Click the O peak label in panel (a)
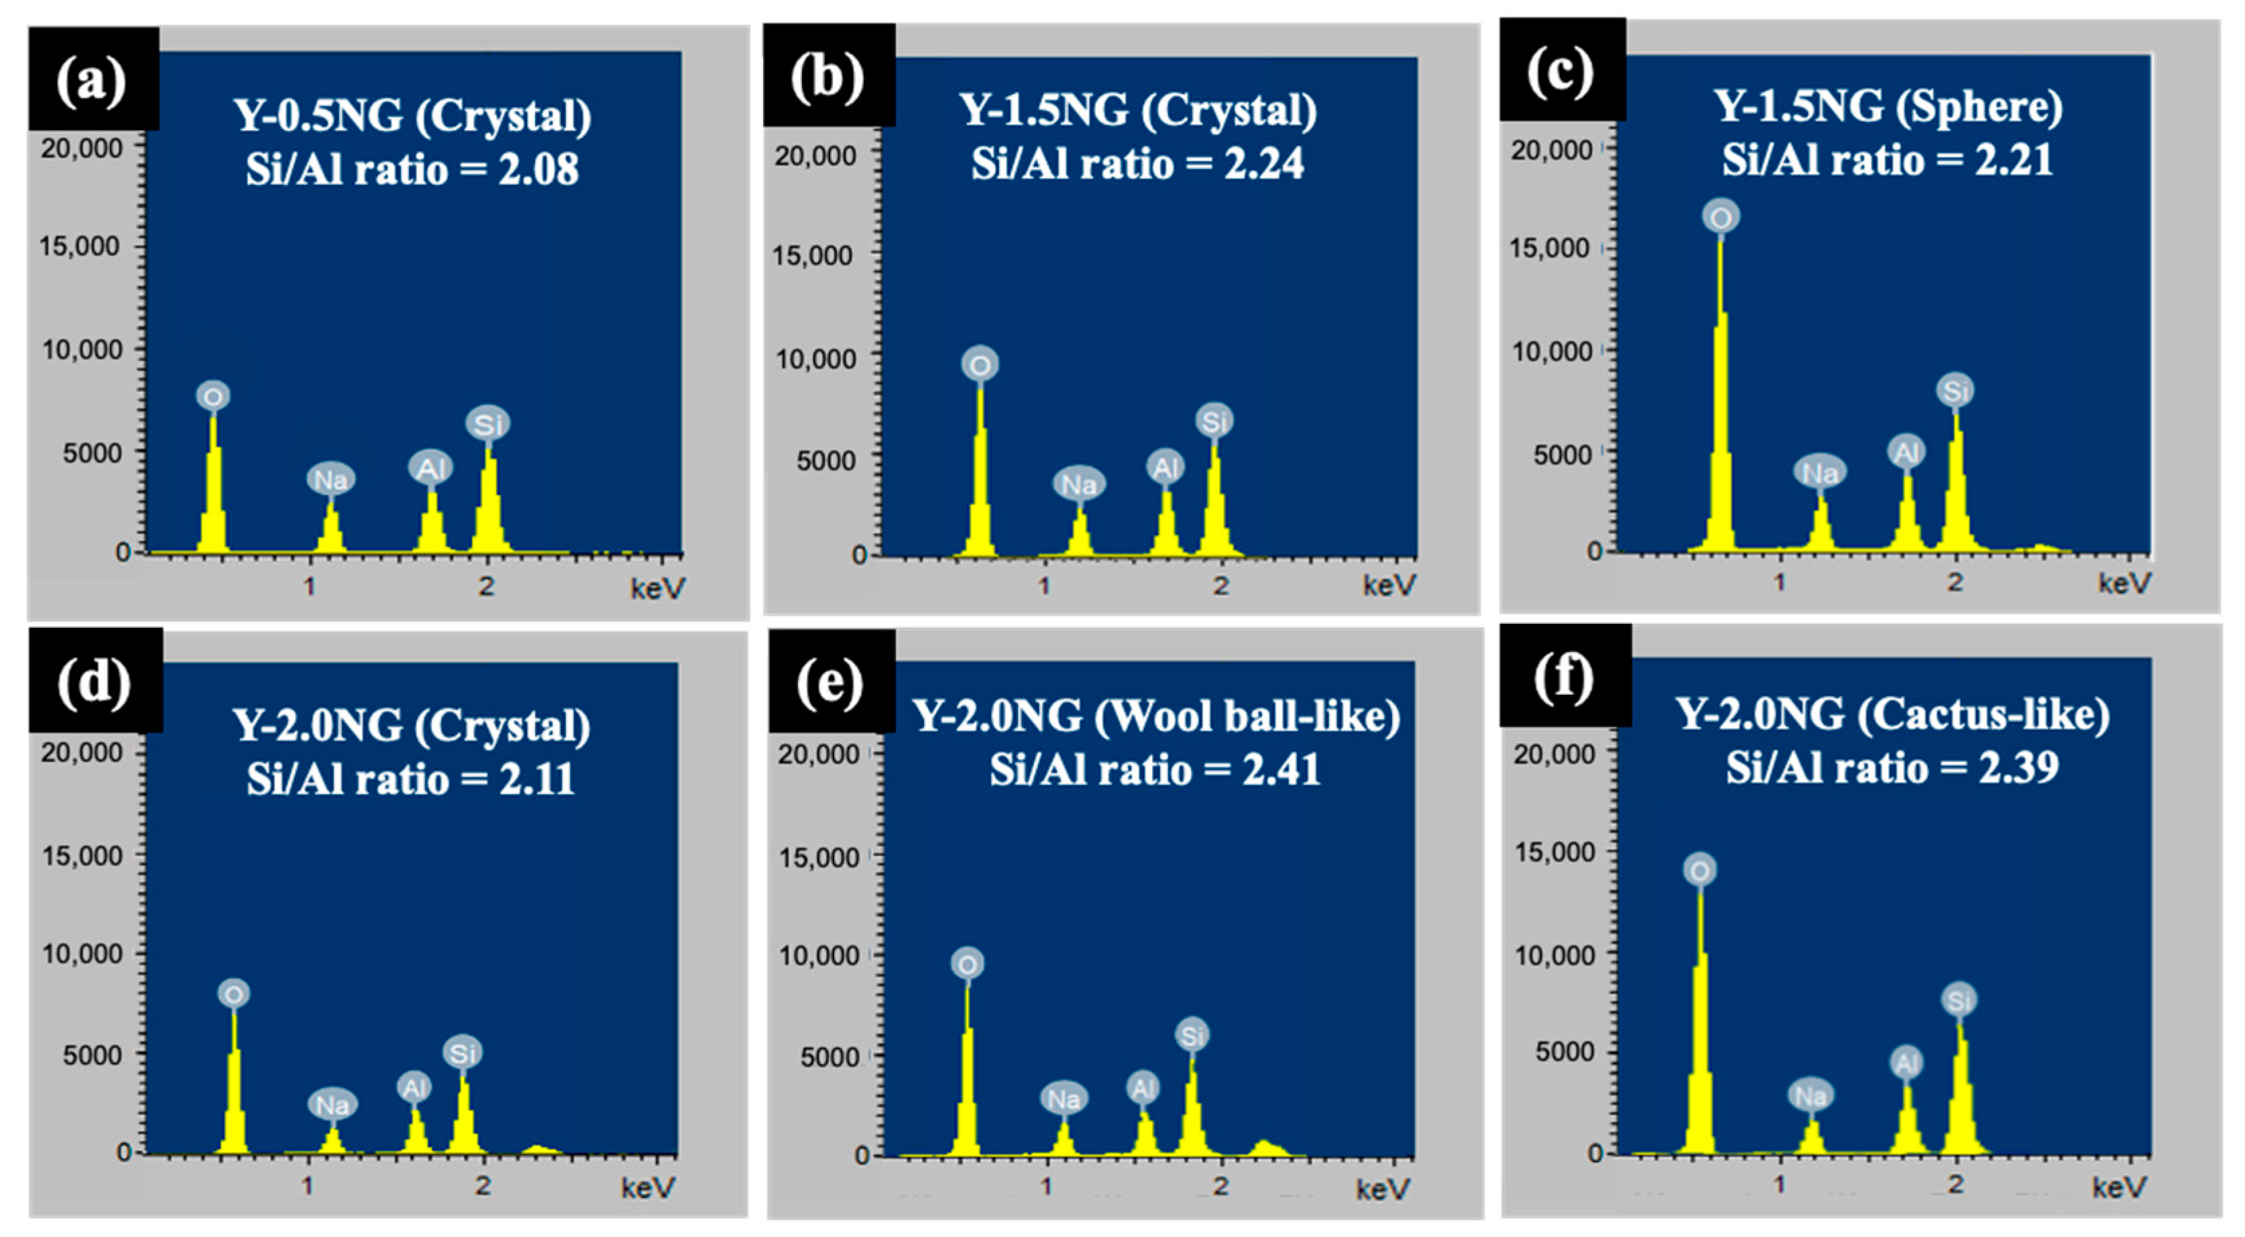[213, 397]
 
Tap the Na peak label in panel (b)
[1079, 484]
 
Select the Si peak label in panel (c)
[1956, 390]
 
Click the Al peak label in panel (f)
[1906, 1063]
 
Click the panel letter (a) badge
[91, 80]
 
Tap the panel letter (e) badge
[829, 681]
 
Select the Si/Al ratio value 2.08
[538, 169]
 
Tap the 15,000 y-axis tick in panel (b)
[812, 255]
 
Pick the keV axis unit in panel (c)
[2124, 583]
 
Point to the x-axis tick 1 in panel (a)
[309, 586]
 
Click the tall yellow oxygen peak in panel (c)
[1721, 392]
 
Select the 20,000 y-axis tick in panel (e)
[817, 755]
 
